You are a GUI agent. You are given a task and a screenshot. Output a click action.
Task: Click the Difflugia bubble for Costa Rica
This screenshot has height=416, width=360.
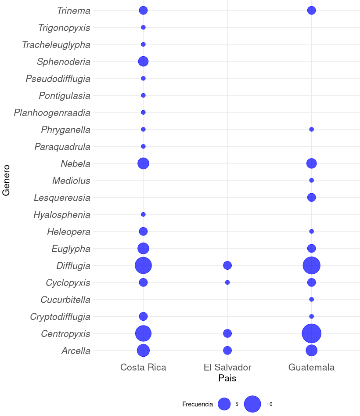coord(143,265)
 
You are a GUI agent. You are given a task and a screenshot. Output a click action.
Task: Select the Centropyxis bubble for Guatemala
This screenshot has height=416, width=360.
coord(312,333)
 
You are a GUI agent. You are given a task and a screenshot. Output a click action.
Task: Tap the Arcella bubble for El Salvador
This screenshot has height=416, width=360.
coord(227,350)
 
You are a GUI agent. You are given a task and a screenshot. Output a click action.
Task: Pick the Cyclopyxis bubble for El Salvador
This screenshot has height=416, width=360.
coord(227,282)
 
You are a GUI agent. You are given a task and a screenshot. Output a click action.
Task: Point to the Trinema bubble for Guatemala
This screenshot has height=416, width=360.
coord(312,10)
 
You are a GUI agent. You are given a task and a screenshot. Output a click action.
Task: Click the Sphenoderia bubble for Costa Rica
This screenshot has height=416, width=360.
coord(143,61)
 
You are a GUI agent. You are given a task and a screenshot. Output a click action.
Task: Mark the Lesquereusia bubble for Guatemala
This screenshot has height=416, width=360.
coord(312,197)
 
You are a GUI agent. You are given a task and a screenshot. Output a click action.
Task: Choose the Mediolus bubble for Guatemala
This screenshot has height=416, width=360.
coord(312,181)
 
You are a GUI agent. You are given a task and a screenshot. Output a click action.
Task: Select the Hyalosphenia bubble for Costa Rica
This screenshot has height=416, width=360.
coord(143,214)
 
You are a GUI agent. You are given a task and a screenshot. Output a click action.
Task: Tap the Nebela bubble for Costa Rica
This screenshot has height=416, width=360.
coord(143,163)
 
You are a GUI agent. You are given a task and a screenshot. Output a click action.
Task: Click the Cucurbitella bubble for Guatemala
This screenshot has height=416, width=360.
coord(312,300)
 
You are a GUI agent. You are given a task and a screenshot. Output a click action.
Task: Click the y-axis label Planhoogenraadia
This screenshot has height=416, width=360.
coord(52,113)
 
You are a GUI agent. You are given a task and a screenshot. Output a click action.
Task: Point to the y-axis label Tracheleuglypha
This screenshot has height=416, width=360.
coord(56,45)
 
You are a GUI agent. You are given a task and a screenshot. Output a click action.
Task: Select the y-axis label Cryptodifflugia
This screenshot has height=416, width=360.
coord(60,317)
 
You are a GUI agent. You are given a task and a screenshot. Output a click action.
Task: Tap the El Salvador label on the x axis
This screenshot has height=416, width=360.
coord(227,367)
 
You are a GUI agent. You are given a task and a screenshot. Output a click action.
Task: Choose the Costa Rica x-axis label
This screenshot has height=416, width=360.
coord(143,367)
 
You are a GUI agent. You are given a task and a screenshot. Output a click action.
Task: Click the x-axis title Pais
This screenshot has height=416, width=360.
coord(227,378)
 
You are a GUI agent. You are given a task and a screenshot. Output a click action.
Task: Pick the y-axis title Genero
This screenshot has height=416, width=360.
coord(7,180)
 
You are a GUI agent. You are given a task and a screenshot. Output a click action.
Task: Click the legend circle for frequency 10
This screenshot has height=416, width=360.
coord(252,404)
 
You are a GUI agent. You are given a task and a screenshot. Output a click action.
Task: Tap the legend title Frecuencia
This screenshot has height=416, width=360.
coord(198,404)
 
